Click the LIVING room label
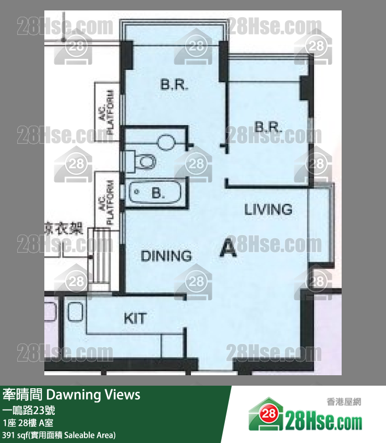(268, 210)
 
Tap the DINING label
(166, 256)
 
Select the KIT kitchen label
(135, 318)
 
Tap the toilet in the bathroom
(145, 161)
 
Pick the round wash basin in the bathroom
(167, 141)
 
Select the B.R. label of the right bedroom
(268, 127)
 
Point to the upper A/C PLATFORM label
(106, 112)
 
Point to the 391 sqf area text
(58, 435)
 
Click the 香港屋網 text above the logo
(344, 402)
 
